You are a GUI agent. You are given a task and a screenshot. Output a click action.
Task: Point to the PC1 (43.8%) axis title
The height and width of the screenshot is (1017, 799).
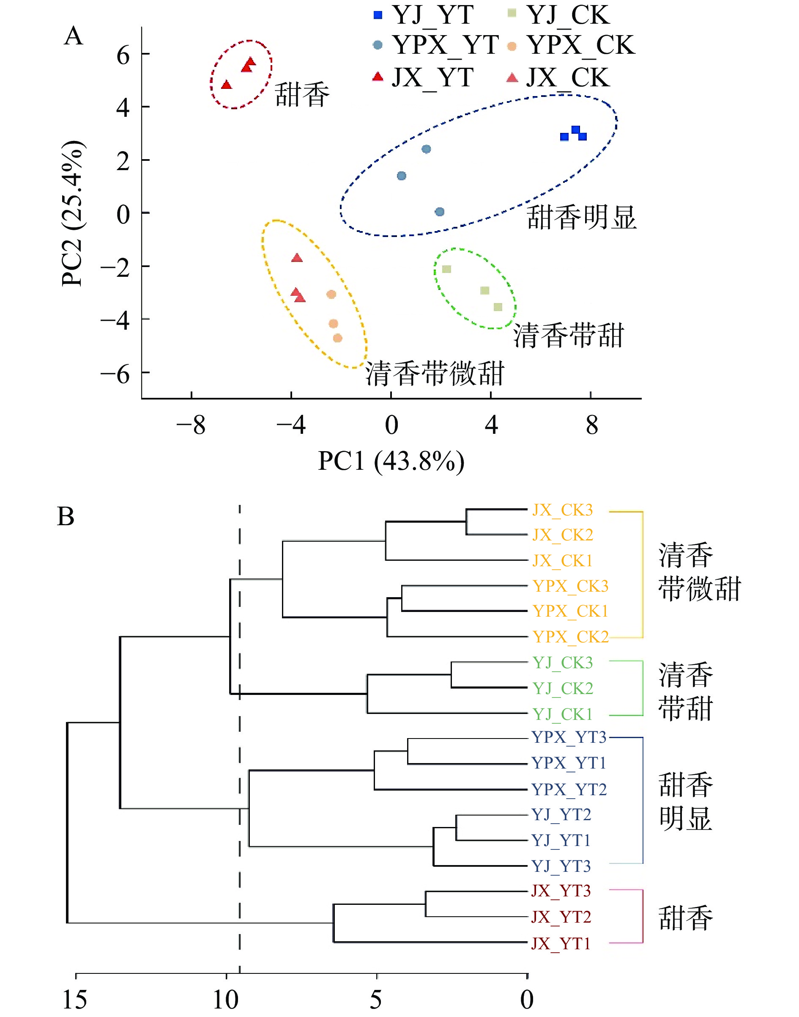coord(391,461)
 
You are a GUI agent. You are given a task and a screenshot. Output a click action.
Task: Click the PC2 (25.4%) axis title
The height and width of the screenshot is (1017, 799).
coord(73,213)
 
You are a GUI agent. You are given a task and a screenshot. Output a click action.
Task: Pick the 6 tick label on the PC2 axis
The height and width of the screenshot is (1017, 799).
coord(123,55)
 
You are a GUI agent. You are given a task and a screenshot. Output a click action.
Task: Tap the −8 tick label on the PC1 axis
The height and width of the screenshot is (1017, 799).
coord(191,425)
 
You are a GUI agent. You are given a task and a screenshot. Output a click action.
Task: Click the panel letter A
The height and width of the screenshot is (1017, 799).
coord(74,36)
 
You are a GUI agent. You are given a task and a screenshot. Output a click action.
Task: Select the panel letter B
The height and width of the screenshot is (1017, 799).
coord(66,516)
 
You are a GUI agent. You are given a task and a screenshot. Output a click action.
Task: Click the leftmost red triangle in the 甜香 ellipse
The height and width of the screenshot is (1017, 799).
coord(227,85)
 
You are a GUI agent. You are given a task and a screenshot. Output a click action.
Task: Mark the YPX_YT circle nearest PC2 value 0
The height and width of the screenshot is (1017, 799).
coord(439,212)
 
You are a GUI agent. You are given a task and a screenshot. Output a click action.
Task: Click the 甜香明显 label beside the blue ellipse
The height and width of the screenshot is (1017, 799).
coord(581,218)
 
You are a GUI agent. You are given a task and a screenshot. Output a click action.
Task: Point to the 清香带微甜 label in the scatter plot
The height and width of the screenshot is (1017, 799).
coord(435,374)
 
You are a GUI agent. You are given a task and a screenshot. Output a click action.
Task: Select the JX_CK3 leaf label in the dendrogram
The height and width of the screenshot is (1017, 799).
coord(562,510)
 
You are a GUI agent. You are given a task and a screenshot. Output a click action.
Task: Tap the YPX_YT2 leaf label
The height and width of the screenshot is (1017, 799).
coord(569,789)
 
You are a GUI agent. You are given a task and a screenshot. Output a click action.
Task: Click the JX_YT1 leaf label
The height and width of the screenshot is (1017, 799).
coord(561,943)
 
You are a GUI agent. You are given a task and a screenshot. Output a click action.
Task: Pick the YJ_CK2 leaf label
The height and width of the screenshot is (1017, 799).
coord(562,688)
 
